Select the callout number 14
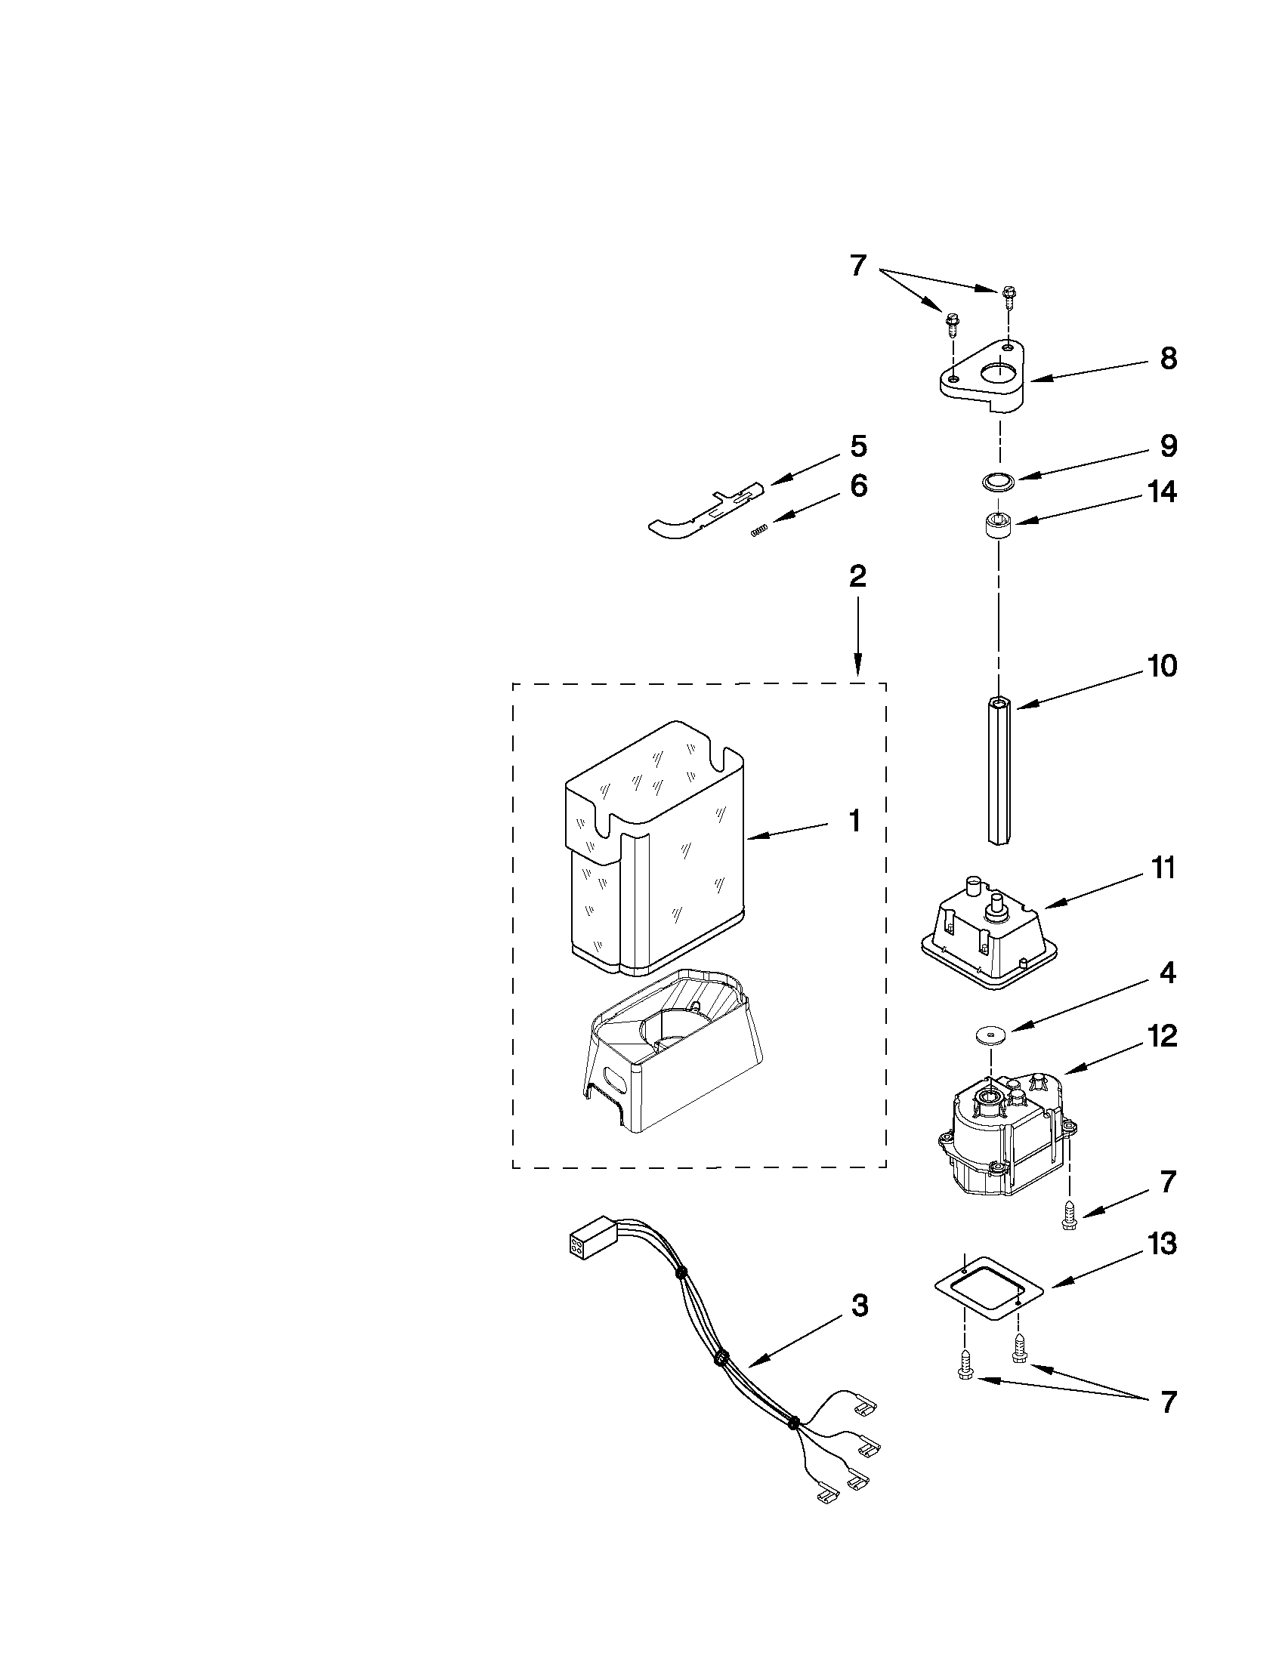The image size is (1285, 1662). [1163, 492]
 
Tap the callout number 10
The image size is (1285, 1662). [1163, 666]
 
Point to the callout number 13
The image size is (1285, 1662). [1163, 1244]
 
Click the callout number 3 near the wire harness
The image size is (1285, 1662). [858, 1306]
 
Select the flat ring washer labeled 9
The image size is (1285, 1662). [997, 481]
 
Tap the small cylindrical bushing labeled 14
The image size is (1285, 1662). [997, 526]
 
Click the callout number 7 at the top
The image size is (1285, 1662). [857, 266]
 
